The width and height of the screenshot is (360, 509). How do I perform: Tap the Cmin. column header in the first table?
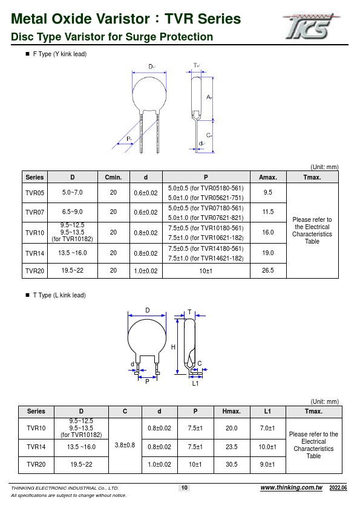113,177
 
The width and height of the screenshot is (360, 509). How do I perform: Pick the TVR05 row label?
34,192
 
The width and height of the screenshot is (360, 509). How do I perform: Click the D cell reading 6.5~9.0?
72,212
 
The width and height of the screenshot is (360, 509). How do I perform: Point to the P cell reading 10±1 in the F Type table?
206,271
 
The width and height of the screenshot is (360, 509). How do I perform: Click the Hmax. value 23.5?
231,447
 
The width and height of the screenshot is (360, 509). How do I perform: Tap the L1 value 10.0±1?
267,447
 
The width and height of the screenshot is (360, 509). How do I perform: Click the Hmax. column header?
231,412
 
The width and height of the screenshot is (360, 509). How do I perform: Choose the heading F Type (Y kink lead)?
59,54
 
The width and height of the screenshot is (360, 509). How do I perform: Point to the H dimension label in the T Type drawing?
173,347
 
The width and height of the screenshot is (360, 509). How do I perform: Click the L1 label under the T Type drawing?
195,383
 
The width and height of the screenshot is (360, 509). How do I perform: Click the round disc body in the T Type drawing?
147,337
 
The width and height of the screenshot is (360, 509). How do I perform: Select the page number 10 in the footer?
185,488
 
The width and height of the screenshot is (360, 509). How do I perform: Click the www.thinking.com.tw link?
291,488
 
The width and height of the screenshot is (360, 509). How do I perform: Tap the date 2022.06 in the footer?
338,488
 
